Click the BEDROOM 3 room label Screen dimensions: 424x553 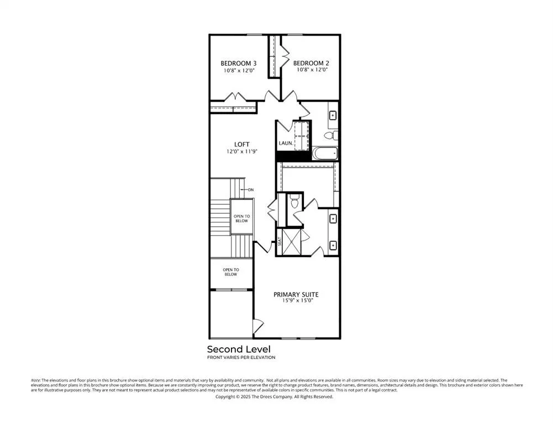pyautogui.click(x=239, y=63)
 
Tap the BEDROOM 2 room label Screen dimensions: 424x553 pyautogui.click(x=310, y=63)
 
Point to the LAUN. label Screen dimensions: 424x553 pyautogui.click(x=286, y=143)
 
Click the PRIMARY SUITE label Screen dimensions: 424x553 pyautogui.click(x=296, y=294)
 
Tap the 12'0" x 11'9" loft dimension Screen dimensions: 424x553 pyautogui.click(x=241, y=151)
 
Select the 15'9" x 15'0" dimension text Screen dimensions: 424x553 pyautogui.click(x=296, y=301)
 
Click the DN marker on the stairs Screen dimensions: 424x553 pyautogui.click(x=250, y=190)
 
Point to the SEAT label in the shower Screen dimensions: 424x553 pyautogui.click(x=280, y=241)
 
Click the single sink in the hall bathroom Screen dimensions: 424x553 pyautogui.click(x=333, y=116)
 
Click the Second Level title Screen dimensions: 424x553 pyautogui.click(x=239, y=349)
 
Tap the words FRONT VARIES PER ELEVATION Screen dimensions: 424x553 pyautogui.click(x=241, y=358)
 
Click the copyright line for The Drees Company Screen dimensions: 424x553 pyautogui.click(x=274, y=396)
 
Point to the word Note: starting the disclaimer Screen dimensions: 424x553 pyautogui.click(x=36, y=380)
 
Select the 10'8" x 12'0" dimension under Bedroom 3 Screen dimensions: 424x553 pyautogui.click(x=239, y=70)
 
